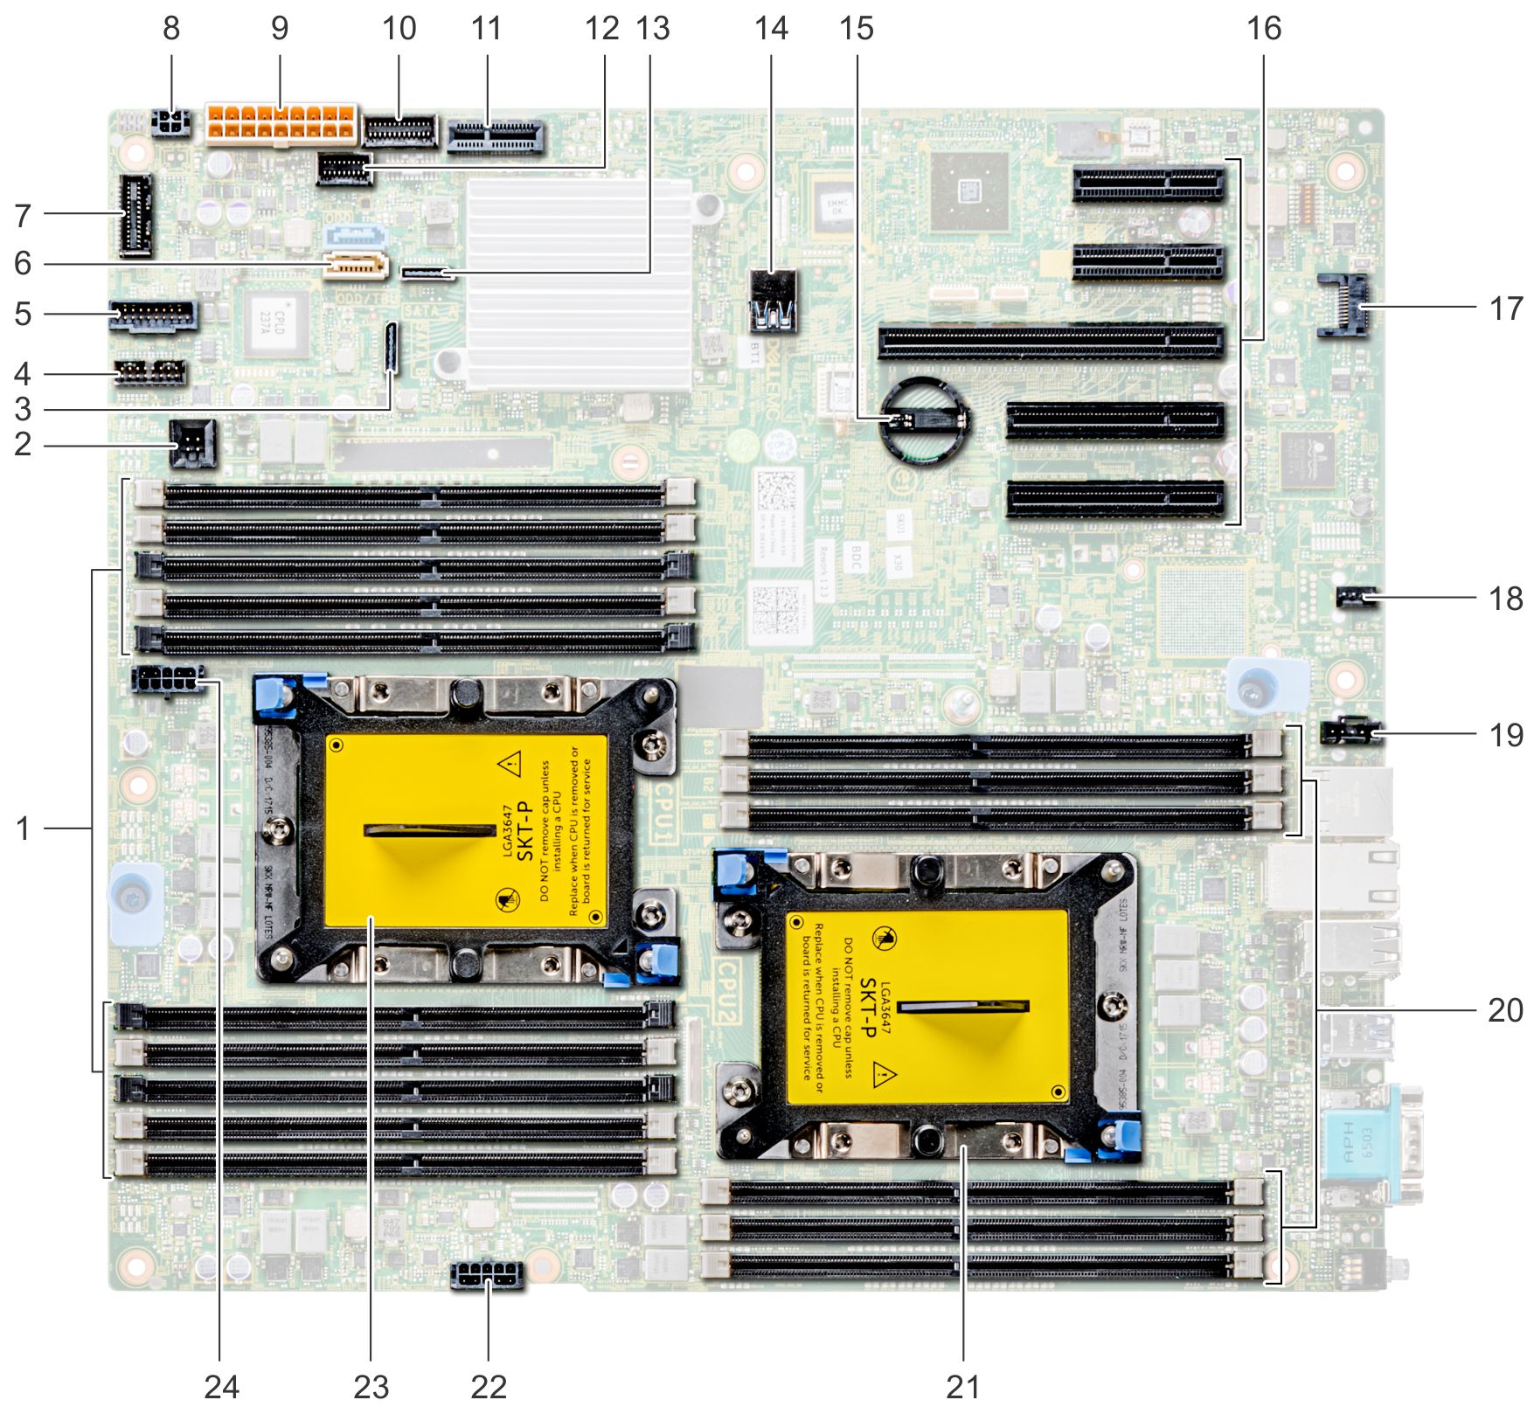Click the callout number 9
click(x=280, y=29)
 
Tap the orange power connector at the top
click(x=281, y=124)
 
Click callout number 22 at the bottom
click(x=489, y=1386)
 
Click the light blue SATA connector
click(x=356, y=236)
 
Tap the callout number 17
click(x=1505, y=308)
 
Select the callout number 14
click(x=771, y=29)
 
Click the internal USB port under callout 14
click(x=774, y=302)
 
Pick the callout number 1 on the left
click(x=24, y=828)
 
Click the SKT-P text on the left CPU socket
click(x=524, y=831)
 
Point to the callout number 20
click(x=1505, y=1010)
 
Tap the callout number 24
click(x=221, y=1386)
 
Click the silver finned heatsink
click(x=578, y=284)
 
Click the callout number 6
click(x=24, y=263)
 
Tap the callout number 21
click(x=962, y=1386)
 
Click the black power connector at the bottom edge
click(x=488, y=1275)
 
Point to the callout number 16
click(x=1264, y=29)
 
